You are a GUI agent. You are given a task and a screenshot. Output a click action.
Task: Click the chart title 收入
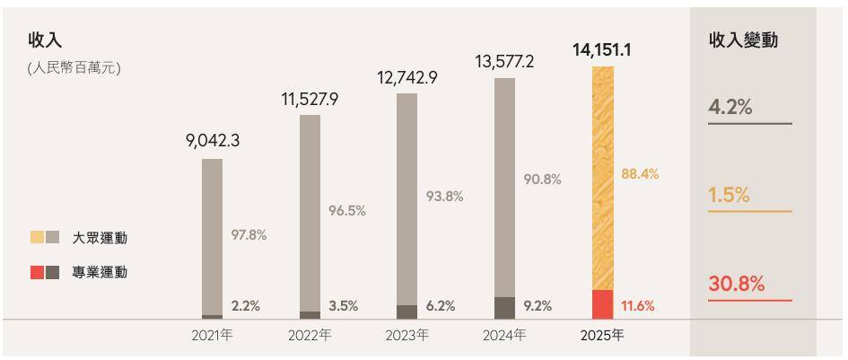click(x=44, y=40)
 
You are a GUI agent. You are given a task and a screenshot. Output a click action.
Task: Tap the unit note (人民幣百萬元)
click(x=74, y=68)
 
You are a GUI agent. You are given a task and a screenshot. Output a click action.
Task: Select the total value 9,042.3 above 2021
click(x=213, y=141)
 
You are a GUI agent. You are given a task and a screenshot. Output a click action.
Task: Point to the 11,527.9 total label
click(x=310, y=99)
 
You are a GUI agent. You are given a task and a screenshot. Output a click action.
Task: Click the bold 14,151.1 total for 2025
click(x=601, y=50)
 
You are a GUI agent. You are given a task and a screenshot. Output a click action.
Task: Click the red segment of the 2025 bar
click(x=602, y=303)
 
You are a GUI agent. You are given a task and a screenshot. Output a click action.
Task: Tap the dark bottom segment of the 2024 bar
click(x=505, y=307)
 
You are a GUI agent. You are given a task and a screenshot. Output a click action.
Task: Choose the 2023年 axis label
click(x=407, y=337)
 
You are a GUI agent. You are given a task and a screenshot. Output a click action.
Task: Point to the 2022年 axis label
click(x=310, y=337)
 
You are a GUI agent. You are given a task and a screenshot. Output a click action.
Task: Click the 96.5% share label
click(x=348, y=211)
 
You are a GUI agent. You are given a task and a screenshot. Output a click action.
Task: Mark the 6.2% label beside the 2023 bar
click(x=441, y=306)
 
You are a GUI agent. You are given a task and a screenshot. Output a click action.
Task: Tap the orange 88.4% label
click(x=640, y=173)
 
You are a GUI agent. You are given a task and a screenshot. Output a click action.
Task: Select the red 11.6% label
click(x=637, y=306)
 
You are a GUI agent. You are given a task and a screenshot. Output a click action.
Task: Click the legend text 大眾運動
click(x=100, y=238)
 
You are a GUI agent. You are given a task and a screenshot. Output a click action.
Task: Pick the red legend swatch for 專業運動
click(x=37, y=272)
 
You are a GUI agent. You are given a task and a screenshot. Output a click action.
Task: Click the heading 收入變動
click(x=743, y=40)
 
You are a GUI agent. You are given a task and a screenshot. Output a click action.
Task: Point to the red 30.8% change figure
click(x=736, y=285)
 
